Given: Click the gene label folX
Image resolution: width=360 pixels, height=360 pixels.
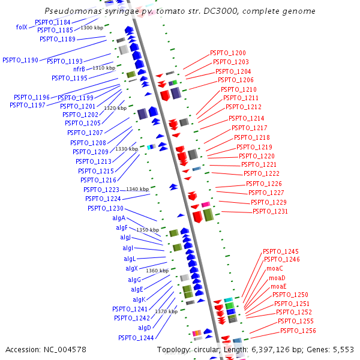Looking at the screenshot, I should click(22, 27).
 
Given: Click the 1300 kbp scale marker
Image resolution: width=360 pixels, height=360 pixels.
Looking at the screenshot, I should click(91, 28).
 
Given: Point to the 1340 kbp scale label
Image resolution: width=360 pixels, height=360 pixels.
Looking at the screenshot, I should click(137, 189).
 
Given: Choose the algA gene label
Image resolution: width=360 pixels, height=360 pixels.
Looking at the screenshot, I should click(119, 218).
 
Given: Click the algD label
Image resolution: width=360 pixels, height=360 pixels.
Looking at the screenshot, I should click(145, 328).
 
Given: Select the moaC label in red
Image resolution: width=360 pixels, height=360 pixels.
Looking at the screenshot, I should click(275, 268).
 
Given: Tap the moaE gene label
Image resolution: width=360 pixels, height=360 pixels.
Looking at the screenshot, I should click(278, 286).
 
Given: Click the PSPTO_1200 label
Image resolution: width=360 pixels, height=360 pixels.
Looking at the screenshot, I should click(228, 53).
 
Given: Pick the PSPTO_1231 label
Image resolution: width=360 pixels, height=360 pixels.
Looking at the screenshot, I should click(270, 211).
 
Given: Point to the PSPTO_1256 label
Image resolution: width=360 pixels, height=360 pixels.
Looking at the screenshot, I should click(298, 331).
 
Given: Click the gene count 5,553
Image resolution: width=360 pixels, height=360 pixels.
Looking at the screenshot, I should click(344, 349).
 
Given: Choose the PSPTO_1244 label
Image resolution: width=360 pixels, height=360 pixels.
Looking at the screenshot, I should click(136, 338).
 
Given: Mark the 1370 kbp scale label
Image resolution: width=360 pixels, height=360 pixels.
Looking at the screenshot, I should click(166, 311).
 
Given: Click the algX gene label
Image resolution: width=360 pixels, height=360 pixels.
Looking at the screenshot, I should click(131, 268).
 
